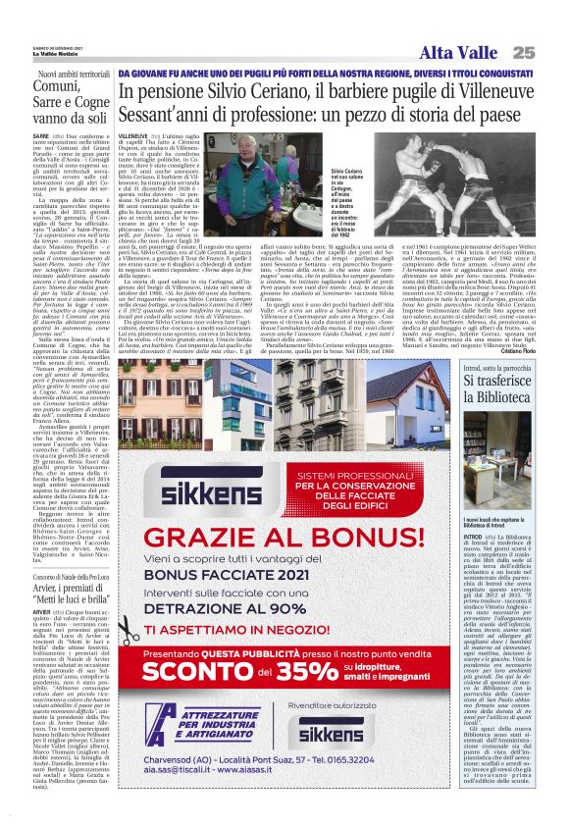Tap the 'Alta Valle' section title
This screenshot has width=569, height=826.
tap(461, 52)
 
